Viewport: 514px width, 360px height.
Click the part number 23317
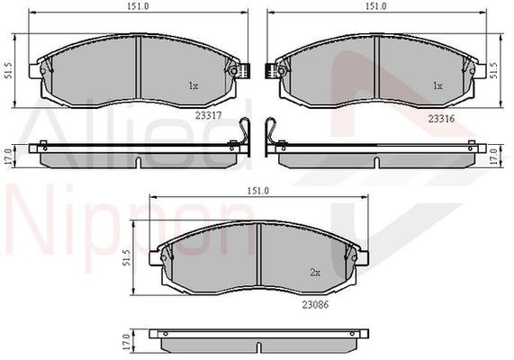coord(209,115)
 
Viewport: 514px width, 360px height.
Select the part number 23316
coord(441,119)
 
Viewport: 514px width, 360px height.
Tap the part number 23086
coord(315,304)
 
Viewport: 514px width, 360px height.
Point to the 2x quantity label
coord(315,272)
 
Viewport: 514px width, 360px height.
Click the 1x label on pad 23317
coord(193,85)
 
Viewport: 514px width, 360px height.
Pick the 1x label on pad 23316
coord(438,85)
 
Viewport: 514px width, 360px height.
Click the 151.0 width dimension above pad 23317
coord(139,6)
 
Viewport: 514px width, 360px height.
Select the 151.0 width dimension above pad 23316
coord(376,6)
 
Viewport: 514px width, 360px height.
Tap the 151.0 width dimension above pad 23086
coord(258,191)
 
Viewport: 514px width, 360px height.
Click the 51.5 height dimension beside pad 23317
coord(8,71)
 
